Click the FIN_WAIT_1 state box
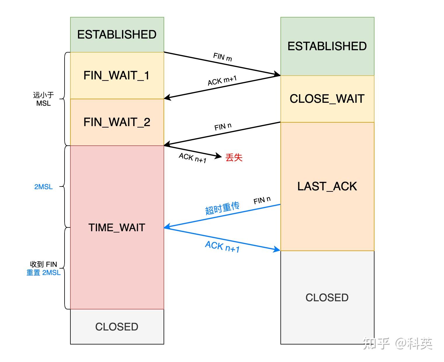point(117,75)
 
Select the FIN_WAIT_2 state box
point(117,122)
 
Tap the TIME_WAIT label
point(117,227)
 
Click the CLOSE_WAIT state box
point(327,99)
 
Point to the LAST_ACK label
point(327,186)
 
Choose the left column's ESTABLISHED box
point(117,34)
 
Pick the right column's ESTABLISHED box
point(327,46)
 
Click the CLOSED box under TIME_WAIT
point(117,327)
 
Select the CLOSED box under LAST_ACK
point(327,297)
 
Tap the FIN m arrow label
point(223,57)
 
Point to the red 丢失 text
point(234,157)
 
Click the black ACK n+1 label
point(192,158)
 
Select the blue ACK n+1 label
point(222,246)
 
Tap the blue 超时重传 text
point(222,208)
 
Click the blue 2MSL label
point(43,187)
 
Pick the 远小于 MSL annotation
point(43,99)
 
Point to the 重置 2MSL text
point(43,273)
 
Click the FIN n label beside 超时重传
point(262,200)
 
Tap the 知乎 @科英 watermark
point(398,344)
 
